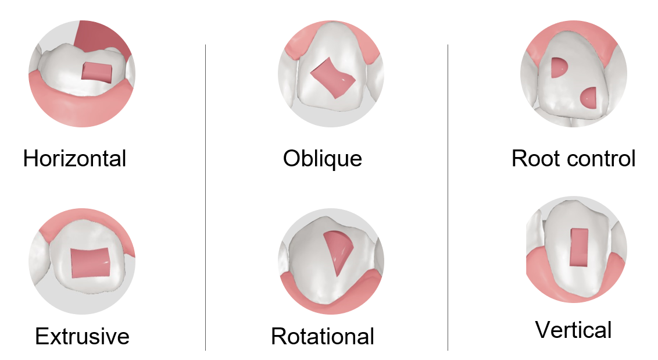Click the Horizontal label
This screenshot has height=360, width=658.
coord(75,159)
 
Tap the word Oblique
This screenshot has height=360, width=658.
coord(322,159)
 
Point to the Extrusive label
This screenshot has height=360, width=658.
coord(83,337)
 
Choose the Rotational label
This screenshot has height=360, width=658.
coord(322,337)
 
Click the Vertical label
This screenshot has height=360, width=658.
coord(573,330)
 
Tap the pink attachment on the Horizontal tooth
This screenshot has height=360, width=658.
coord(97,72)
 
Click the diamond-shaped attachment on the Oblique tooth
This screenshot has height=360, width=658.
coord(332,78)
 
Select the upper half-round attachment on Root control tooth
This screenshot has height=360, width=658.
coord(558,67)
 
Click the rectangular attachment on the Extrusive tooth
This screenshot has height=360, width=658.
coord(90,263)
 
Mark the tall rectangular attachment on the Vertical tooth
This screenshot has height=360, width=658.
coord(579,248)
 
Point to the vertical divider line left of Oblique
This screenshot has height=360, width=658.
coord(205,197)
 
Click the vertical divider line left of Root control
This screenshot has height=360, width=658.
coord(448,197)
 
